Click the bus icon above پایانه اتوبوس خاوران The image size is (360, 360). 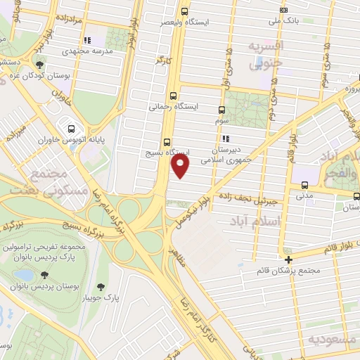point(71,129)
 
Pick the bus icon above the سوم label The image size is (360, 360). point(221,110)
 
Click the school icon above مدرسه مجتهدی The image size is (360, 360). point(87,41)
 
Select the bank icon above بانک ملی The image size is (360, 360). point(283,10)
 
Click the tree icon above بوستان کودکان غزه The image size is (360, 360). point(39,65)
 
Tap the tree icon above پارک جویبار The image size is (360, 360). point(101,286)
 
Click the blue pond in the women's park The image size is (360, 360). point(22,275)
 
